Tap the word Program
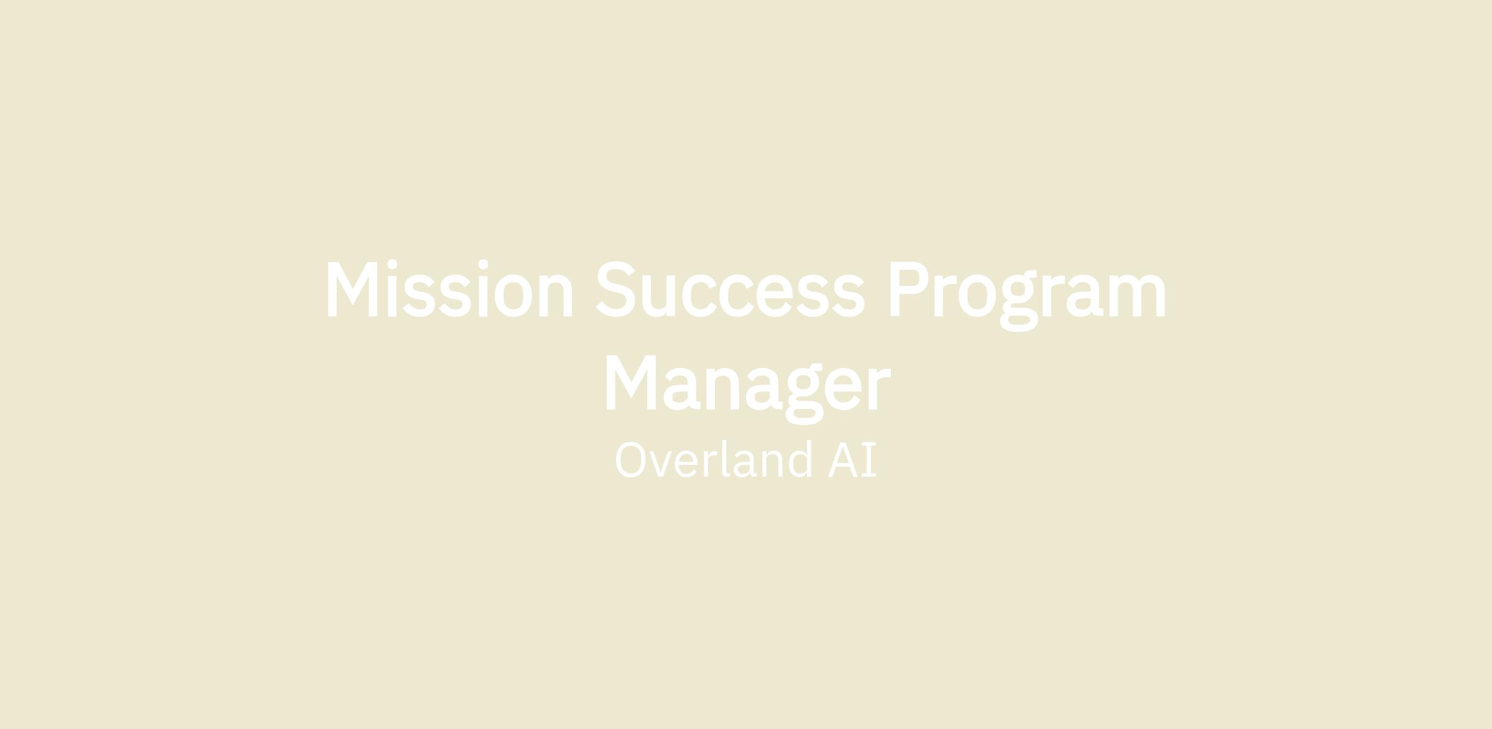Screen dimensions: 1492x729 [1028, 295]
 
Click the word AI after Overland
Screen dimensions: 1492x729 [852, 460]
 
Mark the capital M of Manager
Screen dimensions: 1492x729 [631, 383]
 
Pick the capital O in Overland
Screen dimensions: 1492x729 [630, 460]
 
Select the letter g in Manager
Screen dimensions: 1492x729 [805, 395]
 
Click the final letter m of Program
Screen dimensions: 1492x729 [1138, 295]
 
